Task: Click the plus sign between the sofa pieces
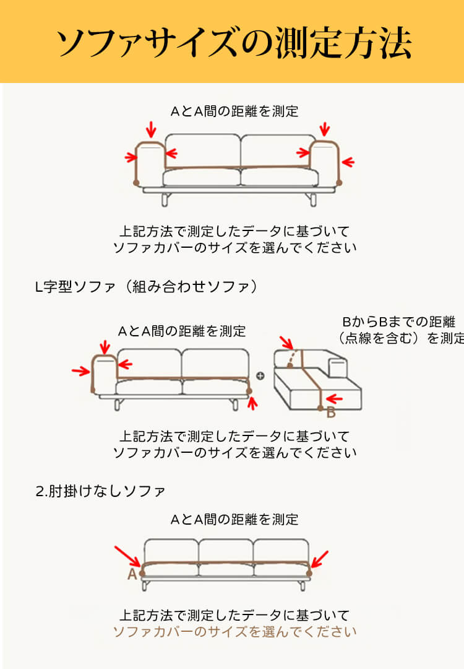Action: (260, 375)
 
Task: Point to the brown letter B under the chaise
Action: (331, 412)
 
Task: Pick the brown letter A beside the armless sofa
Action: (132, 574)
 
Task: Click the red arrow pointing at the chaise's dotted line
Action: (286, 343)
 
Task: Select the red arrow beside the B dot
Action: (335, 398)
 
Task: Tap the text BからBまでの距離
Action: (398, 322)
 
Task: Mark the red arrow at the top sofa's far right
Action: (348, 162)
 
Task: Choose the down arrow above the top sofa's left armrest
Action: (150, 129)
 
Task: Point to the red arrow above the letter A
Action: (127, 556)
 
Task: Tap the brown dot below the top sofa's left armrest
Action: (136, 183)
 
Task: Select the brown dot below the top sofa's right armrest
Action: (339, 181)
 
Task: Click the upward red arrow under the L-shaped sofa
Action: (251, 404)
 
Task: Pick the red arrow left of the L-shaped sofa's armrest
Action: (80, 371)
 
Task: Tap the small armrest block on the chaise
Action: (337, 368)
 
